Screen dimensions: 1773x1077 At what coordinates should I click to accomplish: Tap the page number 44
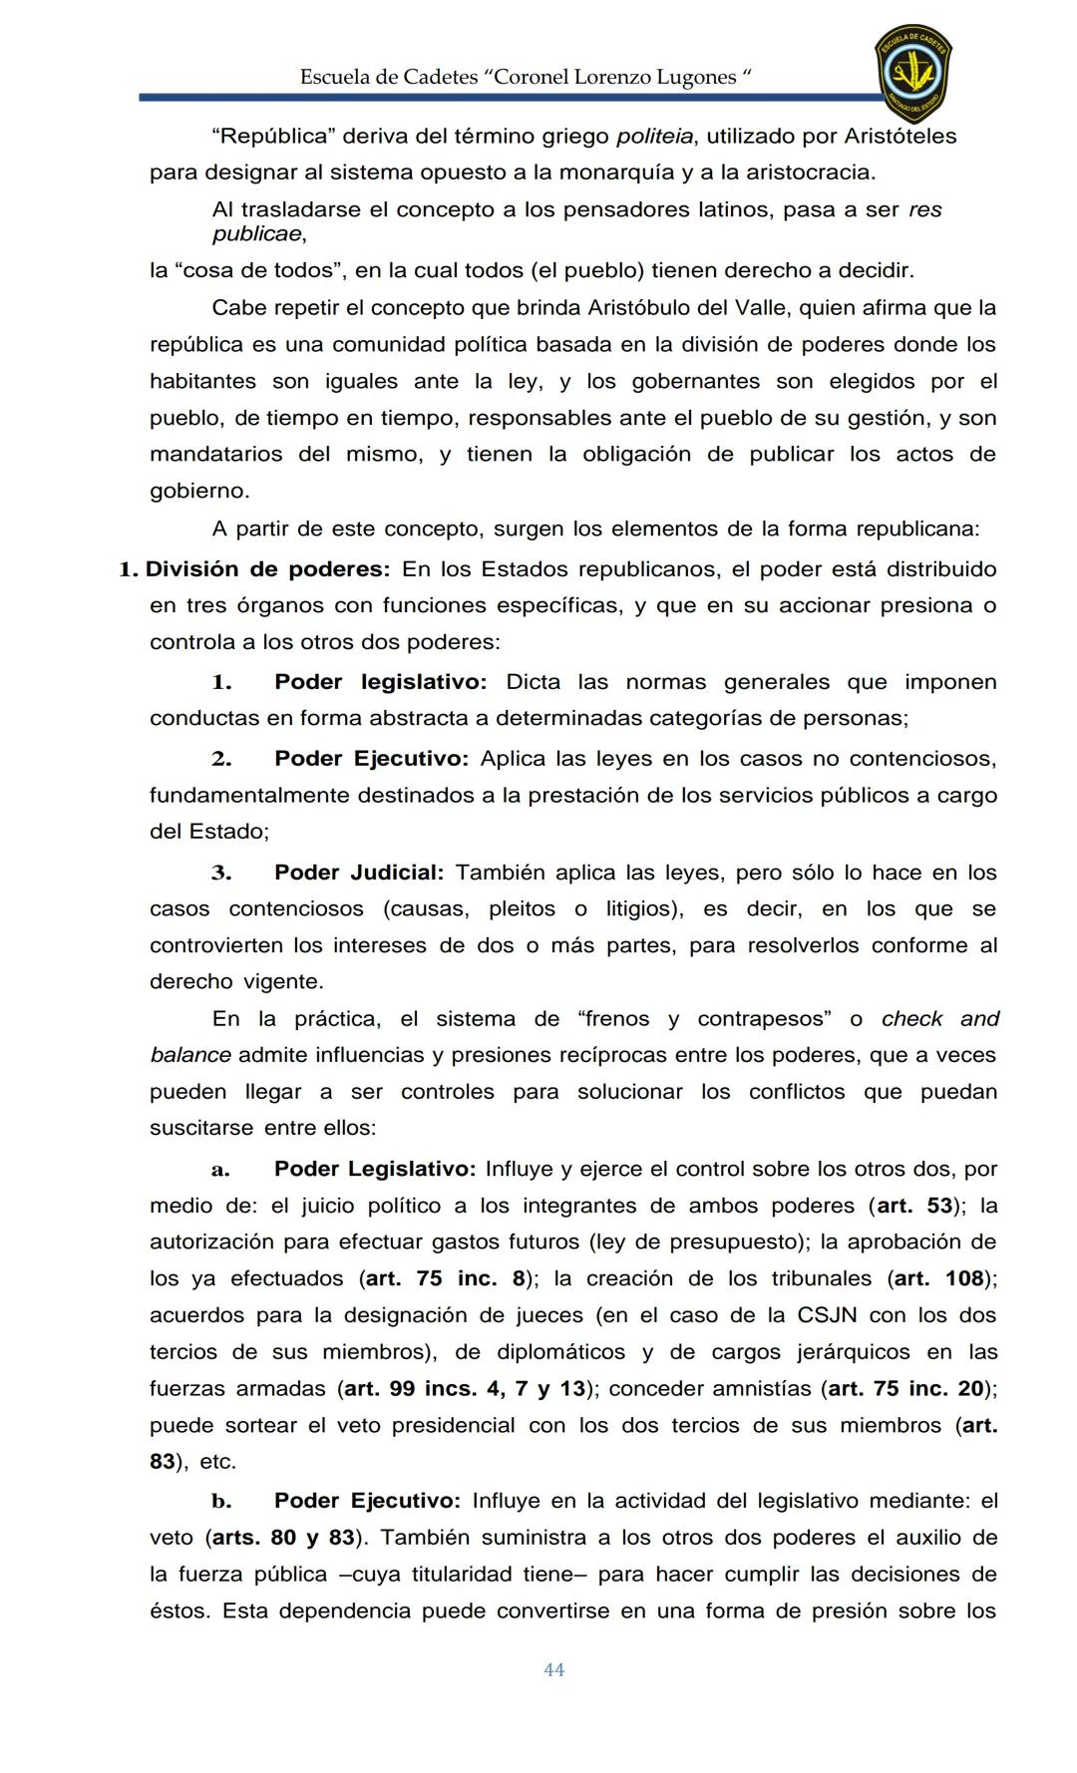click(x=554, y=1669)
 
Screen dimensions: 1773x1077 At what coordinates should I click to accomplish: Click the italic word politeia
click(x=655, y=136)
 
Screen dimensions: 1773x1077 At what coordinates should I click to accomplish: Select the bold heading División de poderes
click(x=267, y=569)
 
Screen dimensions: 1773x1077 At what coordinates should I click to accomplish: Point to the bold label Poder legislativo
click(x=380, y=682)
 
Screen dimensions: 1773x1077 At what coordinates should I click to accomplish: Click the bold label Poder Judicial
click(x=358, y=873)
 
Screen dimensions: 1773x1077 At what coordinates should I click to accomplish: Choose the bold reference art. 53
click(x=914, y=1206)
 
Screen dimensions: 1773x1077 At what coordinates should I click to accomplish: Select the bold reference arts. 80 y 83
click(x=283, y=1538)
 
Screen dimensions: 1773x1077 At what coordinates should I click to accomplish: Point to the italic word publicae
click(x=256, y=234)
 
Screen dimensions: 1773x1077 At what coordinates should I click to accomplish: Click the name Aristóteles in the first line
click(x=900, y=136)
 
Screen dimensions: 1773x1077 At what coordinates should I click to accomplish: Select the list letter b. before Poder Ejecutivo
click(x=220, y=1501)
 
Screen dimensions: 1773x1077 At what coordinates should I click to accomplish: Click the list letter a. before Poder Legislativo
click(x=220, y=1169)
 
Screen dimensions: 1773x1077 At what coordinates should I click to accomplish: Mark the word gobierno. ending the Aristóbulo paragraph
click(x=199, y=491)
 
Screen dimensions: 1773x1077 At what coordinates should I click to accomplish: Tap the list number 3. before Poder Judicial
click(x=220, y=873)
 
